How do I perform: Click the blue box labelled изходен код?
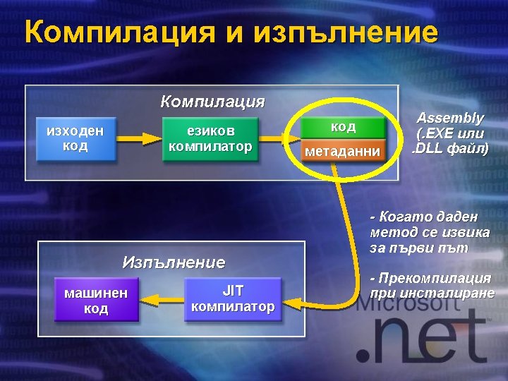[x=75, y=138]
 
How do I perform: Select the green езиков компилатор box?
[x=210, y=138]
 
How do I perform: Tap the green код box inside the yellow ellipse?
[x=343, y=128]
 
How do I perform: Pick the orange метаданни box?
[x=343, y=151]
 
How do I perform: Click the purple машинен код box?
[x=96, y=300]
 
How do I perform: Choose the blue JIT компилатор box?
[x=233, y=298]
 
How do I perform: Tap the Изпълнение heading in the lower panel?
[x=174, y=262]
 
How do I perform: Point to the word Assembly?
[x=450, y=118]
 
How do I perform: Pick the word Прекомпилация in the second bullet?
[x=435, y=278]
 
